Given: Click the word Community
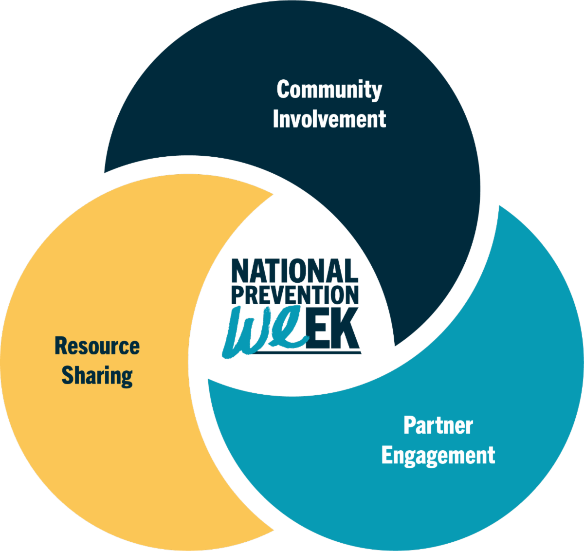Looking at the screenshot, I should pos(329,90).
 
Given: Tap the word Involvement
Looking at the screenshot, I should pos(329,119).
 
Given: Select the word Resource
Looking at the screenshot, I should pos(97,346).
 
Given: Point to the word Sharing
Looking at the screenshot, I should pos(97,376).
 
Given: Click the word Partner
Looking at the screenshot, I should pos(438,425).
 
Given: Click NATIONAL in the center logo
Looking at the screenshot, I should pos(295,271).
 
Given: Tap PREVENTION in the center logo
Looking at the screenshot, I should pos(295,295).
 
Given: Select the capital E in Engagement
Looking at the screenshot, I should pos(387,454).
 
